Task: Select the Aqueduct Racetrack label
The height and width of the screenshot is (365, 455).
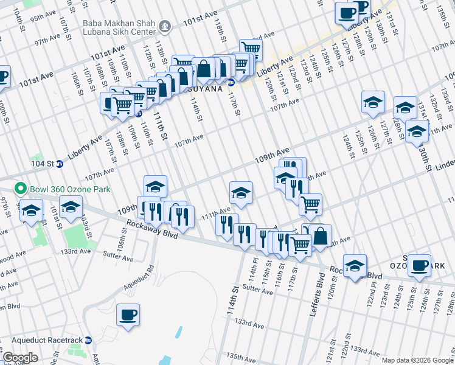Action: (41, 340)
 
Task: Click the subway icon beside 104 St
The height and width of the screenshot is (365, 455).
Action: (59, 164)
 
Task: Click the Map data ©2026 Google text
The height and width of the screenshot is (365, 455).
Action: (417, 360)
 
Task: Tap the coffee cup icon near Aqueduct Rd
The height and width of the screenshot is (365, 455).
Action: (128, 315)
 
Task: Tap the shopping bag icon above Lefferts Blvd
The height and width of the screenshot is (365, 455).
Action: (320, 235)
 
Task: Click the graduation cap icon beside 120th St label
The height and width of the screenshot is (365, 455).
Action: (355, 265)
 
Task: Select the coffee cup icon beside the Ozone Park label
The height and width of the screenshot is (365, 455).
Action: (419, 265)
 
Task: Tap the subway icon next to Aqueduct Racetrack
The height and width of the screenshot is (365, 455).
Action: (88, 340)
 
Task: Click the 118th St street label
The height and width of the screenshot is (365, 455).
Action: (219, 27)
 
